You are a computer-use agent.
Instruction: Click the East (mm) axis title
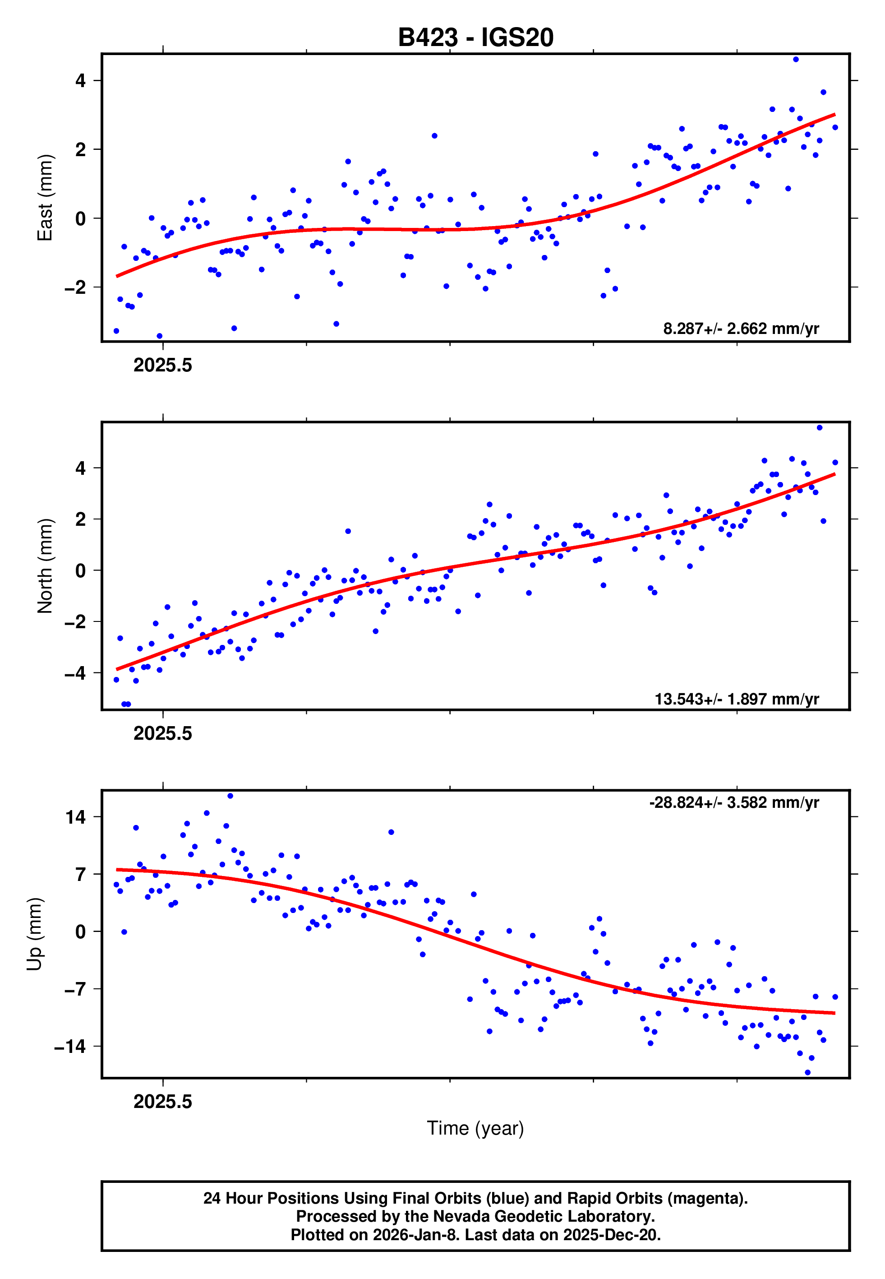tap(44, 198)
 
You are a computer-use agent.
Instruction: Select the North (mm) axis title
tap(44, 566)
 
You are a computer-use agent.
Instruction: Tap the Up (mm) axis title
tap(34, 934)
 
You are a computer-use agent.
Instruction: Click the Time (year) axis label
tap(475, 1128)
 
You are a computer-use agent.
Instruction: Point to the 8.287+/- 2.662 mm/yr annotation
tap(741, 329)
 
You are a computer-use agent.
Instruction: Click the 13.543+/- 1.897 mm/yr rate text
tap(737, 699)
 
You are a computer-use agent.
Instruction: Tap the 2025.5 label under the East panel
tap(162, 366)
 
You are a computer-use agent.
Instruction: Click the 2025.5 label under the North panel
tap(162, 733)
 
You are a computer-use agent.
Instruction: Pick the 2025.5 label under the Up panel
tap(162, 1102)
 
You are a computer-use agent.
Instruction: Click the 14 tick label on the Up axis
tap(76, 817)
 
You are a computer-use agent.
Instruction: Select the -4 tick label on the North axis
tap(75, 673)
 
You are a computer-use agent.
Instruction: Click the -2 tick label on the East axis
tap(75, 287)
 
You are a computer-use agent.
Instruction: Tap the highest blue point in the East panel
tap(796, 59)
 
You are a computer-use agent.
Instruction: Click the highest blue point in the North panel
tap(820, 428)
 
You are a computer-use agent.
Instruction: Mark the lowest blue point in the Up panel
tap(807, 1073)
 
